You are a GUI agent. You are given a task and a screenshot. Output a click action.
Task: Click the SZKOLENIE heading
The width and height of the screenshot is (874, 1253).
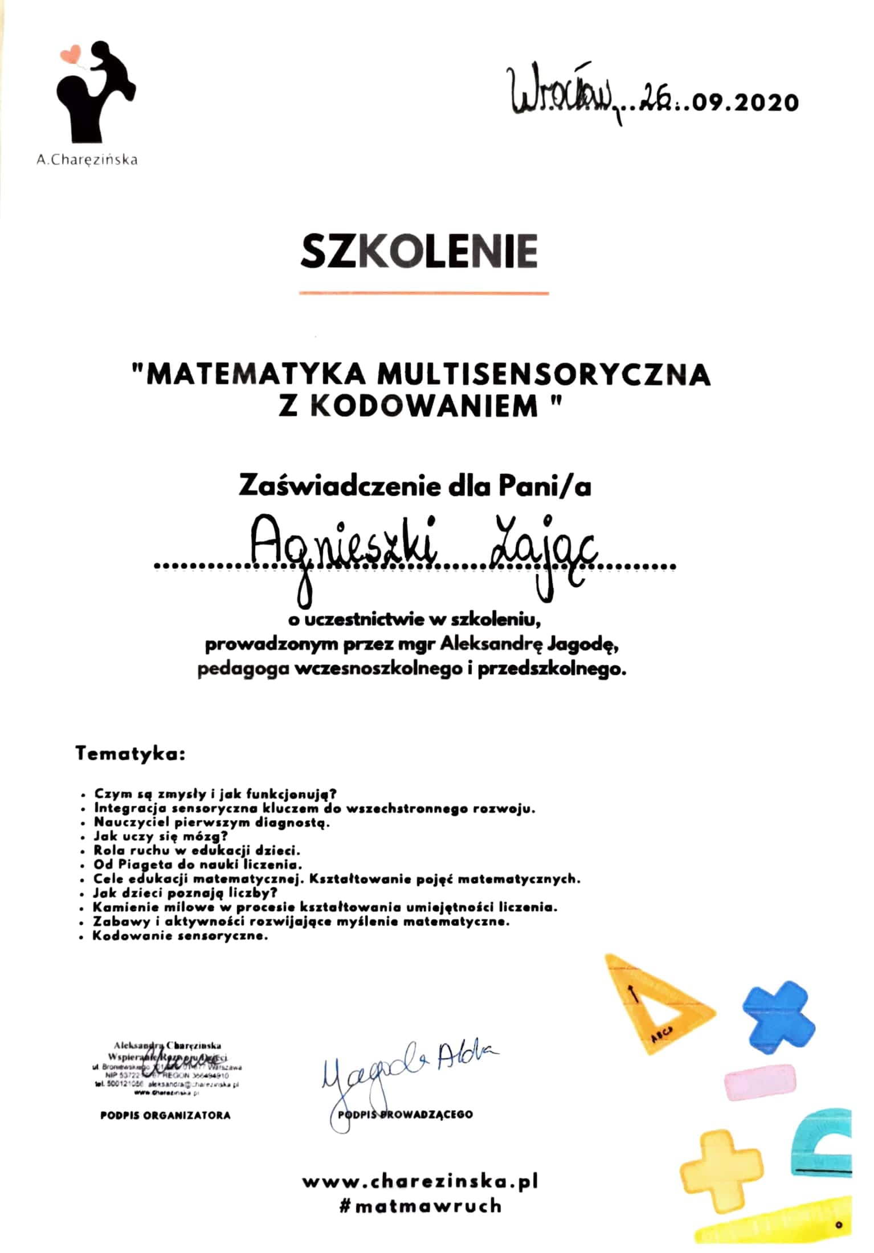[x=419, y=251]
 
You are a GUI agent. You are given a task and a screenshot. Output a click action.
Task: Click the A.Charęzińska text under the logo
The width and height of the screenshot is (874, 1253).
[x=87, y=160]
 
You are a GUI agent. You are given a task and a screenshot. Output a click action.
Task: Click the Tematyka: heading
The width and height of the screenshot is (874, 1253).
[x=130, y=754]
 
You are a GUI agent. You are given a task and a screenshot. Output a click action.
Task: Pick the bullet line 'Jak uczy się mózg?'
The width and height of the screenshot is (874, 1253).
[x=161, y=836]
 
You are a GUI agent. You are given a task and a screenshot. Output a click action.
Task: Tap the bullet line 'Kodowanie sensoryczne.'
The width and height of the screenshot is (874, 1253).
[x=180, y=936]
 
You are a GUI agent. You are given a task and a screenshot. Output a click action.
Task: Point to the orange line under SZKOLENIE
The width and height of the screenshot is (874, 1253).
[x=424, y=293]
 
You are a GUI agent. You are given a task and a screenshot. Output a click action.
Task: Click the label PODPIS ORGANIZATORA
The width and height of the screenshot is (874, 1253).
[x=165, y=1115]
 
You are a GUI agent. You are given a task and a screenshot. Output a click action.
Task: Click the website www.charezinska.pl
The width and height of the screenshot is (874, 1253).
[x=420, y=1181]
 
